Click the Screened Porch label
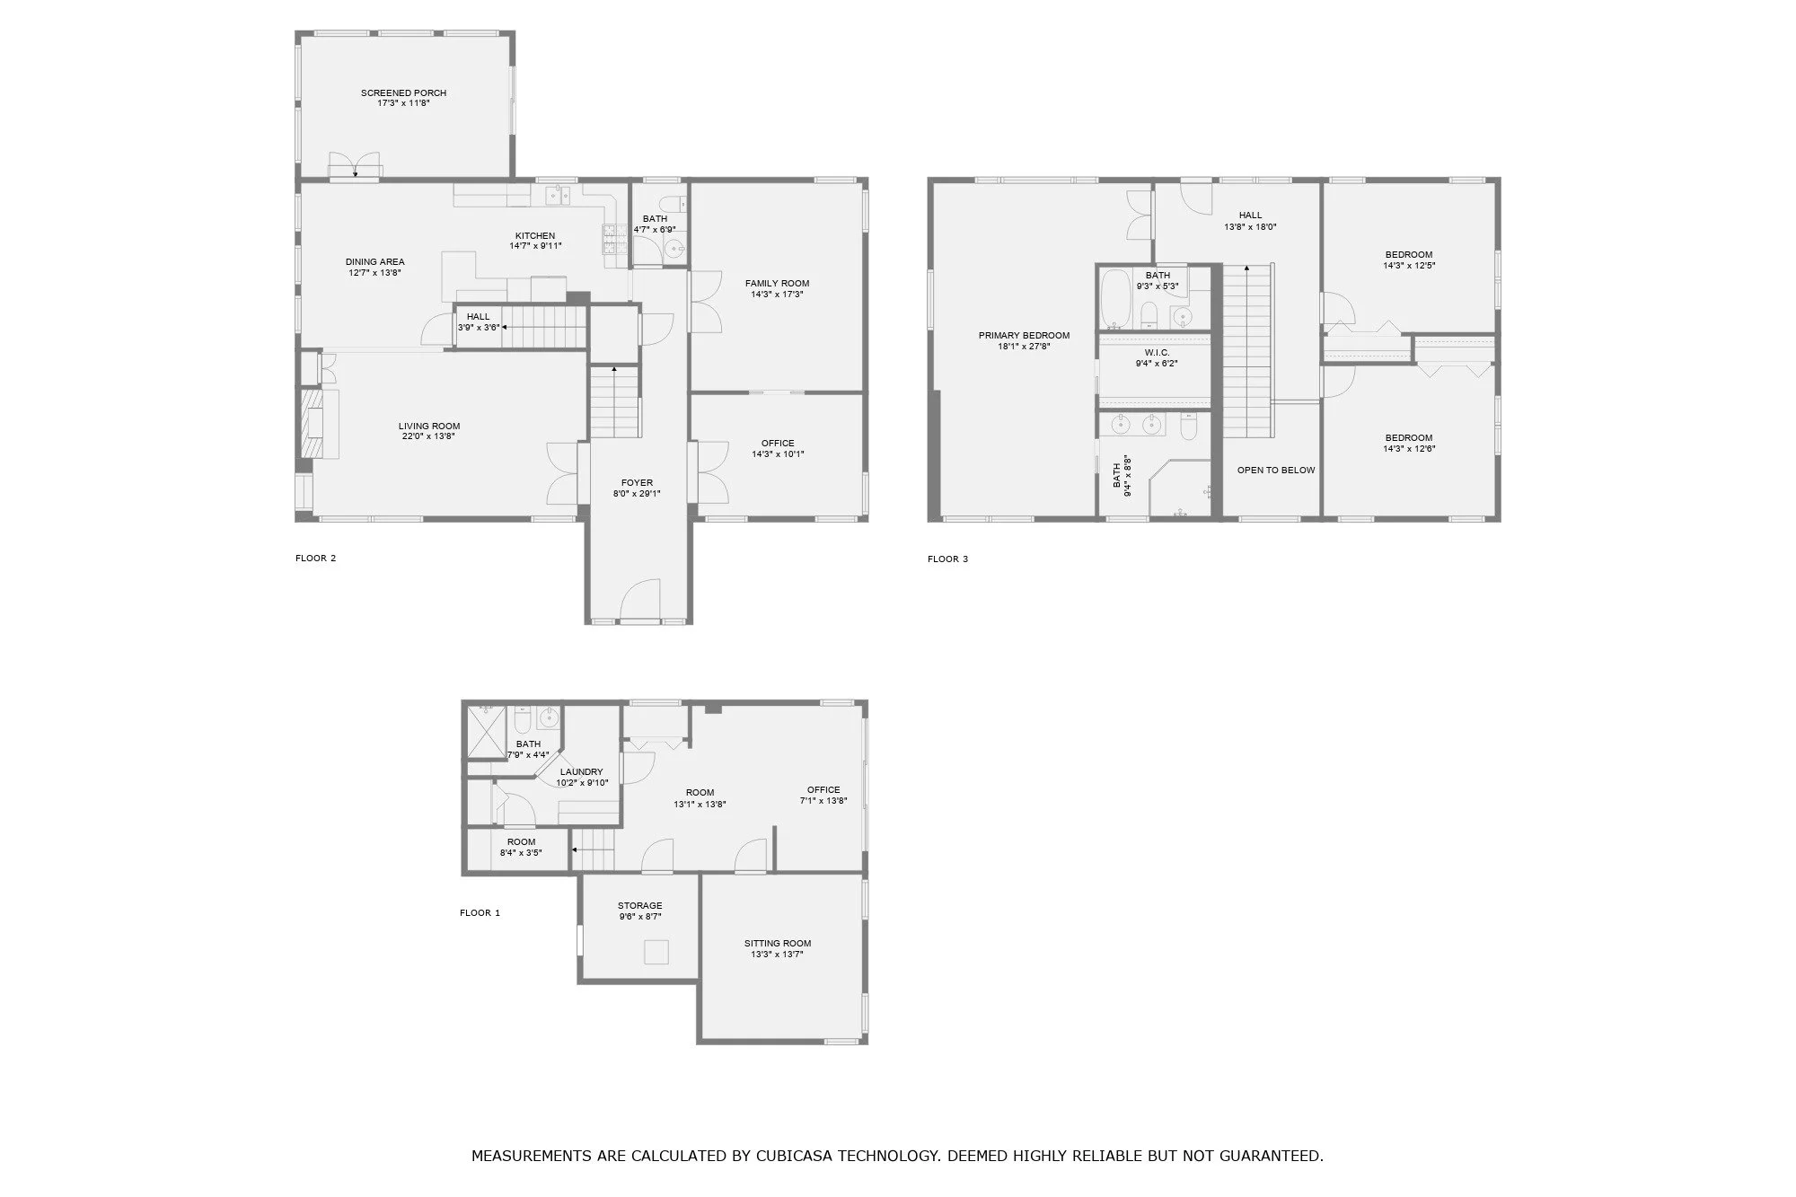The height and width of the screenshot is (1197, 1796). pos(403,93)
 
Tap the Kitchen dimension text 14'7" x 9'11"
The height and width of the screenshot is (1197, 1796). pos(535,246)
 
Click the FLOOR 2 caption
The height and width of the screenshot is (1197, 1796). pos(315,559)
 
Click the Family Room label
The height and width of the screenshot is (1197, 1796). pos(777,284)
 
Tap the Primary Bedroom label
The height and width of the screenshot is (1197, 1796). pos(1024,336)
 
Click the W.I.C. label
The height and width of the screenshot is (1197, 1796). pos(1157,353)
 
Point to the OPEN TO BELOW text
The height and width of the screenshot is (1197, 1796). pos(1275,471)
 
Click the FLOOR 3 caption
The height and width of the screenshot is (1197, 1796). pos(947,559)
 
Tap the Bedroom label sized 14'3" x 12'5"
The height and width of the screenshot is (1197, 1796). pos(1408,255)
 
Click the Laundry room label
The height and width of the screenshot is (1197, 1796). pos(581,772)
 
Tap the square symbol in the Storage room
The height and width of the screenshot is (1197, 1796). pos(657,952)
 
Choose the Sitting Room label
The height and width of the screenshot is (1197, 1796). pos(777,944)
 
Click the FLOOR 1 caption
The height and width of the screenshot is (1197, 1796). pos(480,913)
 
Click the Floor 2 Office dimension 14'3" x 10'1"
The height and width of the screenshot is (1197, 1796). pos(778,454)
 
